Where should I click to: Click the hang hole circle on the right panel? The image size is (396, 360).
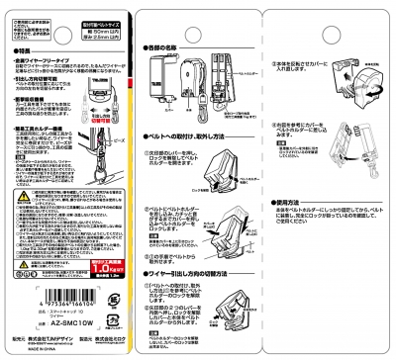pos(329,11)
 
